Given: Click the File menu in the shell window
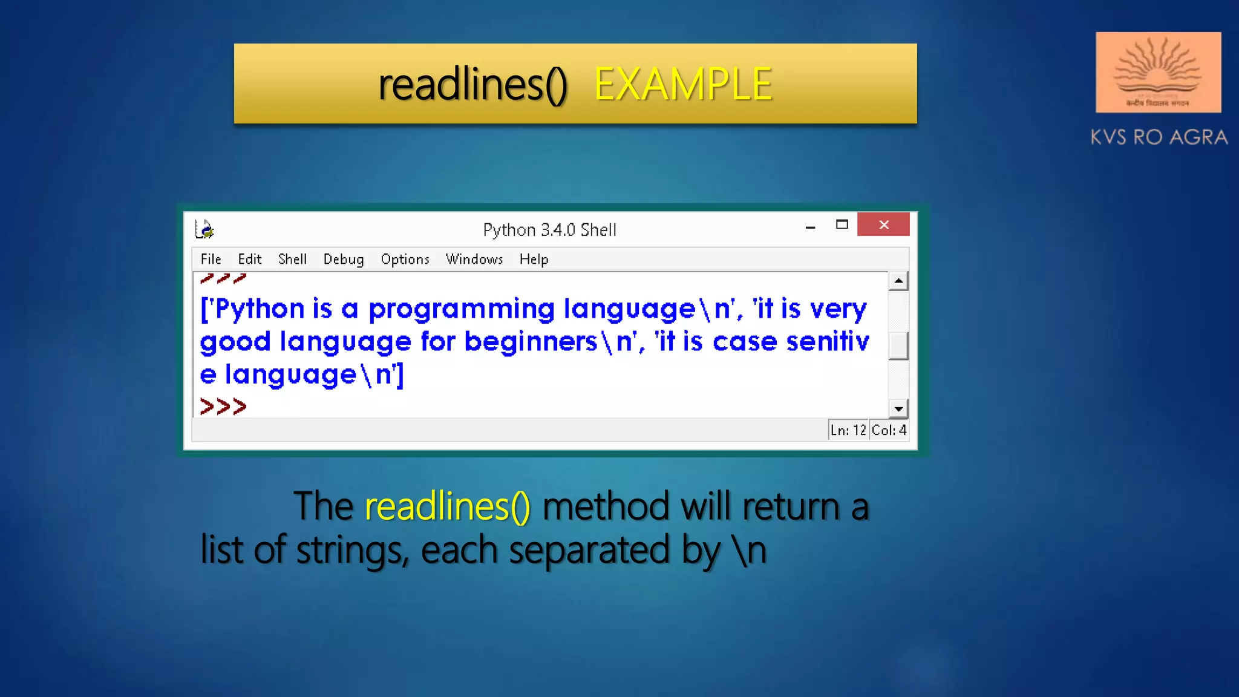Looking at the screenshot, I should point(211,260).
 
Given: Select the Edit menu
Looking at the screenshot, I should point(249,260).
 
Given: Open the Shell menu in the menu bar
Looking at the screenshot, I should point(292,260).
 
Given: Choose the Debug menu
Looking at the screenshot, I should point(343,260).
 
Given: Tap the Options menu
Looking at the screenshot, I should point(405,260).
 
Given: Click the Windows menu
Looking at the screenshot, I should point(474,260).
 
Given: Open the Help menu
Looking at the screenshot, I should point(534,260).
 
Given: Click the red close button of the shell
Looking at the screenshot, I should point(883,224).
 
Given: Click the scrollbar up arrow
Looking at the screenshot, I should point(898,281).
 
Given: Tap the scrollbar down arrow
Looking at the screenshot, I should point(898,409).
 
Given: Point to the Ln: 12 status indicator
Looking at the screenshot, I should point(848,430).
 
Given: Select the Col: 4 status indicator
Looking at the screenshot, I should point(889,430).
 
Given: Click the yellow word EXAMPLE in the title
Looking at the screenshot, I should point(683,84).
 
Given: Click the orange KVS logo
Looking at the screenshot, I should point(1158,72).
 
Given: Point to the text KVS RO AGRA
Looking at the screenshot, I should point(1159,137).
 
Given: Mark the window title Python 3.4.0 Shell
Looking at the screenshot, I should point(549,230).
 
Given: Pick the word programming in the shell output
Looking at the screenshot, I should point(462,309).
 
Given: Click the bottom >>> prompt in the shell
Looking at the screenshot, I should point(223,407).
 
